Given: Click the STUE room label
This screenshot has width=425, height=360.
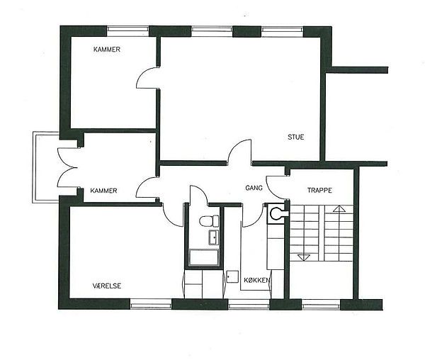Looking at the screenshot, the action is click(x=295, y=137).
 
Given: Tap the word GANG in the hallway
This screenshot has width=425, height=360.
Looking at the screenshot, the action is click(x=254, y=188).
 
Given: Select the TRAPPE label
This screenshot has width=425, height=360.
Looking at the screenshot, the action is click(x=319, y=190).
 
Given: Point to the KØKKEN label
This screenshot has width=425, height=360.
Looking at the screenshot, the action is click(x=256, y=280).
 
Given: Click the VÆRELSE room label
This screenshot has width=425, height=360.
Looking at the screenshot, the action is click(x=107, y=286).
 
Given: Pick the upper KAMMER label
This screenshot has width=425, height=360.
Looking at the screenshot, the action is click(x=107, y=50).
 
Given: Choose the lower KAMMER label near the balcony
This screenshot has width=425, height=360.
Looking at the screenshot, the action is click(x=103, y=191).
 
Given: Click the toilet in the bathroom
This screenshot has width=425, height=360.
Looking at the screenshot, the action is click(x=209, y=220).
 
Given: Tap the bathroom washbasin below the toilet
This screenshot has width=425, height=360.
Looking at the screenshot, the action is click(x=214, y=237).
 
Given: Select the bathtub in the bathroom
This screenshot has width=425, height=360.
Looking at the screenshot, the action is click(x=204, y=257).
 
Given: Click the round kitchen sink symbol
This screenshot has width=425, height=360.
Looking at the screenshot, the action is click(x=276, y=213).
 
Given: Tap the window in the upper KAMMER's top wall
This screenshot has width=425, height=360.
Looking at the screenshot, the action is click(x=127, y=31).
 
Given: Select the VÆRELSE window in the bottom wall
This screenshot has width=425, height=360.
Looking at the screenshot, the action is click(x=151, y=304).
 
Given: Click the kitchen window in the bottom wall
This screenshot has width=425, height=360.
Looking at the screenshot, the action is click(x=249, y=304).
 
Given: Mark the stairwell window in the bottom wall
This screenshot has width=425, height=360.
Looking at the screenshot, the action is click(x=321, y=305).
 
